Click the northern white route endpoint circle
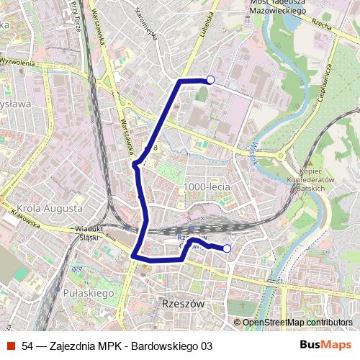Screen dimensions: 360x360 pyautogui.click(x=210, y=80)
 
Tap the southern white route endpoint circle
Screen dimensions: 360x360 pyautogui.click(x=228, y=248)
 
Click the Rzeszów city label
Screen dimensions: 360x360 pyautogui.click(x=184, y=303)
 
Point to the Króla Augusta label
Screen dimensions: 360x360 pyautogui.click(x=49, y=207)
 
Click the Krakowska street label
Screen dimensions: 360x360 pyautogui.click(x=25, y=218)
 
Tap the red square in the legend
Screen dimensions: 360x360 pyautogui.click(x=11, y=346)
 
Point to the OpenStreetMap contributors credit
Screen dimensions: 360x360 pyautogui.click(x=292, y=322)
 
